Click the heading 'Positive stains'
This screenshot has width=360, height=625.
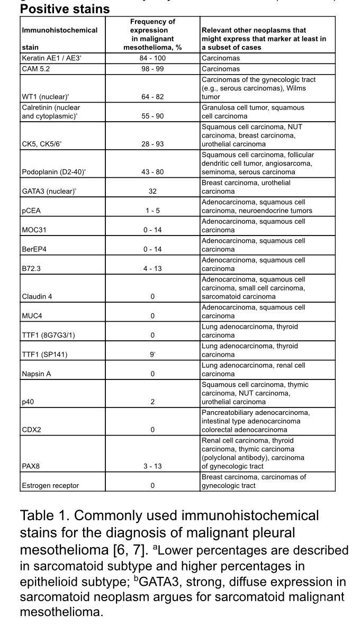pyautogui.click(x=65, y=9)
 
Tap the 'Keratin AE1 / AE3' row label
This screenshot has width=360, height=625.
pyautogui.click(x=51, y=58)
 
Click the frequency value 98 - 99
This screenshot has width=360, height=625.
pyautogui.click(x=152, y=69)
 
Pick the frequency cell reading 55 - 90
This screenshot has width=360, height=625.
pyautogui.click(x=152, y=116)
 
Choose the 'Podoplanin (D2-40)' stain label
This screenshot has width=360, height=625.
pyautogui.click(x=53, y=172)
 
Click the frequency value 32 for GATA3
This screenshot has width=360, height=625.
pyautogui.click(x=152, y=191)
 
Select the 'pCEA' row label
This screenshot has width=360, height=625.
pyautogui.click(x=31, y=211)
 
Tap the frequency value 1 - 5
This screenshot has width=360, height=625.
pyautogui.click(x=152, y=211)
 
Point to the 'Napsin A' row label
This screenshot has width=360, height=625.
pyautogui.click(x=36, y=374)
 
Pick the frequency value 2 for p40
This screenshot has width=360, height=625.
pyautogui.click(x=152, y=402)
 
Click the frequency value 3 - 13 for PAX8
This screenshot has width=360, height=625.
pyautogui.click(x=152, y=466)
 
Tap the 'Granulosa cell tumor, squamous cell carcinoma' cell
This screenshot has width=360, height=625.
pyautogui.click(x=253, y=112)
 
